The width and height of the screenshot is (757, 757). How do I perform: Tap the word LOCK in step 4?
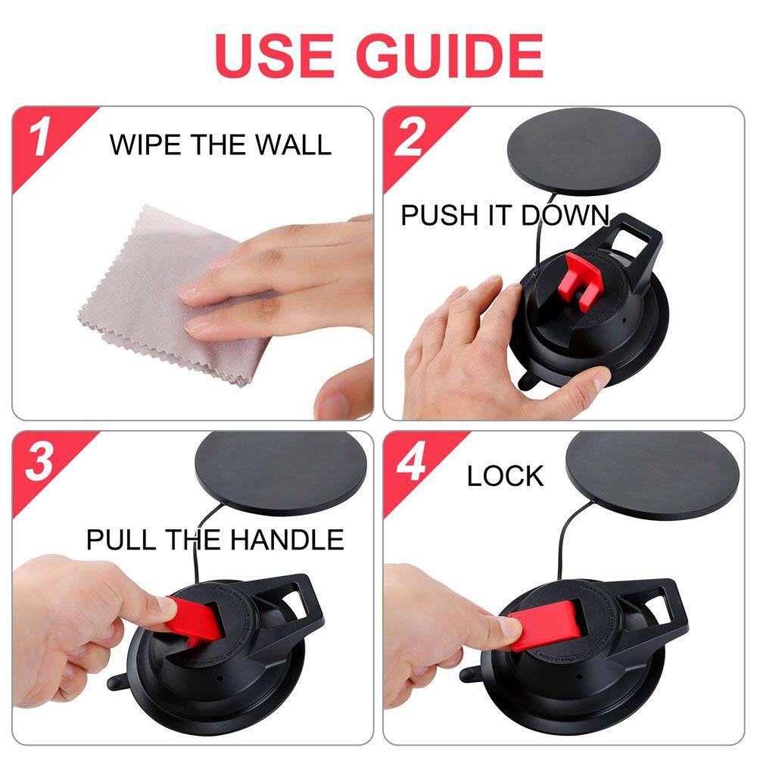point(505,476)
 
